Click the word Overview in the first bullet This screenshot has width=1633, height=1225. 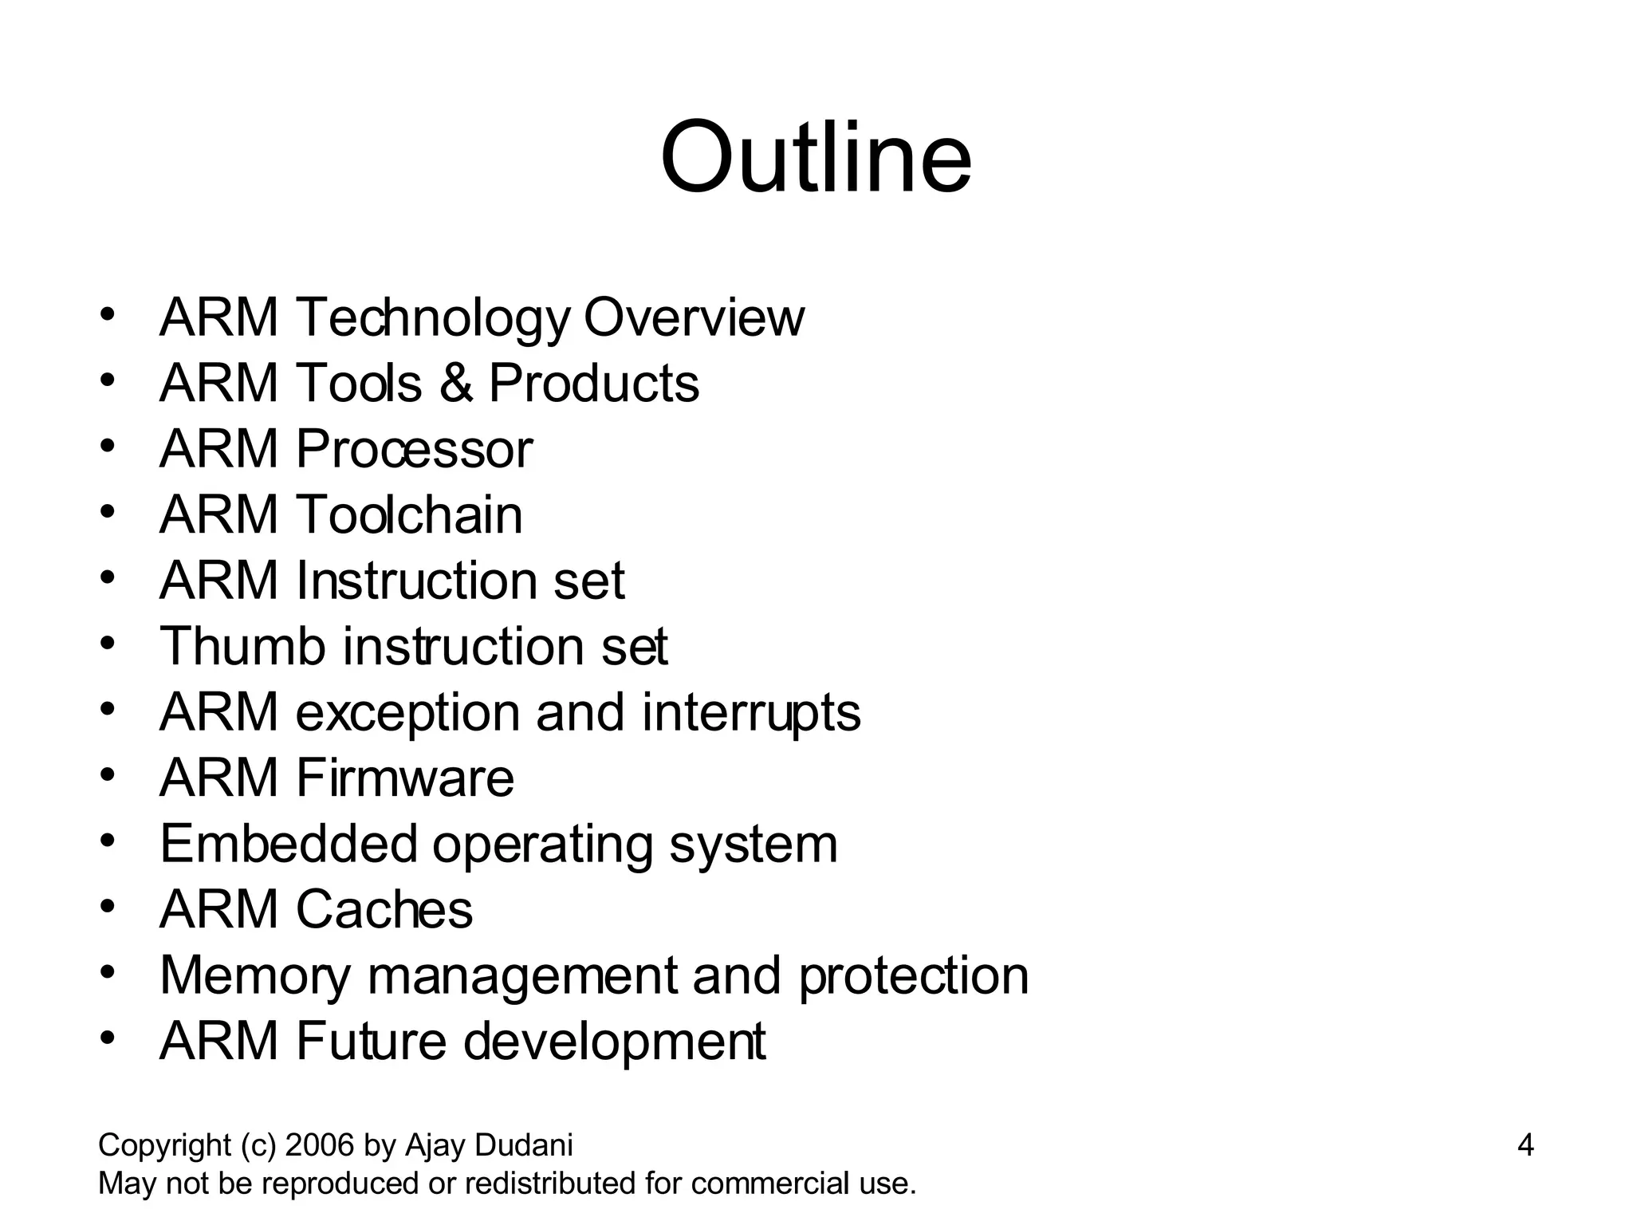pos(694,317)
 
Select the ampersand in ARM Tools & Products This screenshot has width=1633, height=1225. pos(455,383)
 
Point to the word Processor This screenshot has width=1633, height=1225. pos(414,449)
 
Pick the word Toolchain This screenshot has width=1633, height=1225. pos(409,514)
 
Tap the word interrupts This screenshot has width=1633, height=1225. pos(751,712)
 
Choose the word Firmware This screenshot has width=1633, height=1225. pos(405,778)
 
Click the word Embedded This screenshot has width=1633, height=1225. pos(288,844)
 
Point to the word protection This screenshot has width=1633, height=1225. pos(914,975)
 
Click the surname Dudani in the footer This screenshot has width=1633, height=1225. pos(524,1145)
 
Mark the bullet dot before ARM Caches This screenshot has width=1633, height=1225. pos(108,907)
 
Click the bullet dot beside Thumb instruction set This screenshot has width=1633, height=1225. pos(108,643)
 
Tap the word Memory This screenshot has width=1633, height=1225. pos(254,976)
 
